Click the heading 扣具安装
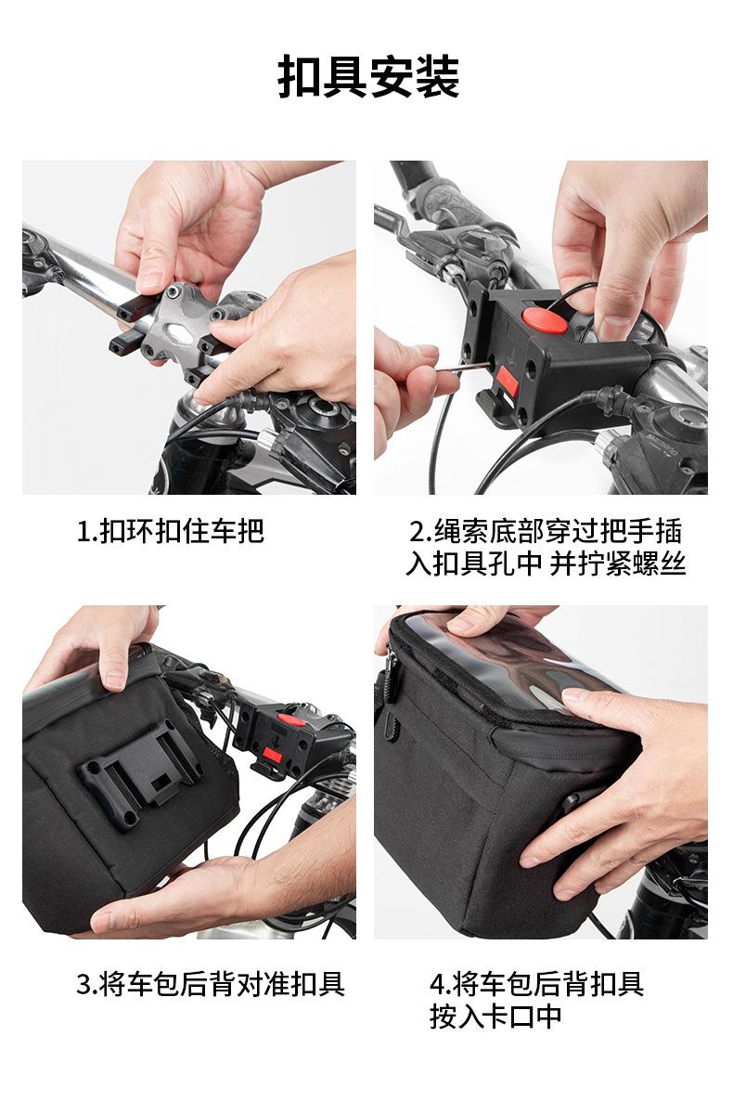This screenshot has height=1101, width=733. pyautogui.click(x=367, y=76)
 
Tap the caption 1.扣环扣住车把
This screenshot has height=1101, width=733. pyautogui.click(x=171, y=531)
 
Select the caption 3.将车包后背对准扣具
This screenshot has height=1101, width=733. pyautogui.click(x=211, y=984)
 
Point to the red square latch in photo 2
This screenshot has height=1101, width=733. pyautogui.click(x=507, y=382)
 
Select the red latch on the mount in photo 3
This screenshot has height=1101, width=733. pyautogui.click(x=272, y=757)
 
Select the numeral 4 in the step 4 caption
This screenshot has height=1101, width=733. pyautogui.click(x=437, y=984)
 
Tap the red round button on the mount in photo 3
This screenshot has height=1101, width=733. pyautogui.click(x=290, y=719)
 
